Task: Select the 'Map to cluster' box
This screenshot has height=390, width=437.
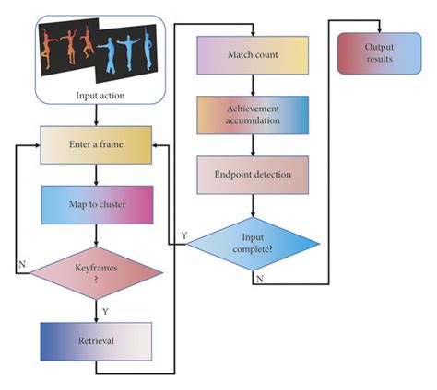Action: [95, 205]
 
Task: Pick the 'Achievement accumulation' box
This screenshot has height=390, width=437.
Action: [252, 115]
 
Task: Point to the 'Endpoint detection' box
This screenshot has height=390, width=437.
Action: [252, 175]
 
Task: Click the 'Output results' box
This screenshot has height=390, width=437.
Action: [379, 53]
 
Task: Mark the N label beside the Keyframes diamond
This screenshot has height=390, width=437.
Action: [21, 264]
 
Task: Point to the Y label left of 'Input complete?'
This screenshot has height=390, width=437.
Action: [184, 235]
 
